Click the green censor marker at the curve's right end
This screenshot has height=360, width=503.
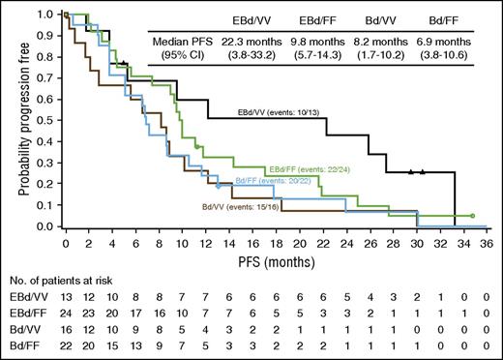471,216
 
